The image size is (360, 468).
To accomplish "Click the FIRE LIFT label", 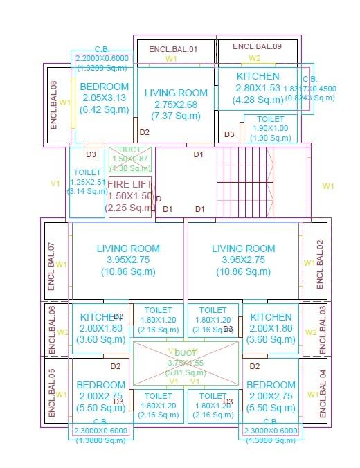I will click(x=129, y=184).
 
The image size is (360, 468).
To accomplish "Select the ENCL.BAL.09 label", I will click(x=257, y=46).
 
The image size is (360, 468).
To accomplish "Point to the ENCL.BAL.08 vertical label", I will click(x=53, y=105).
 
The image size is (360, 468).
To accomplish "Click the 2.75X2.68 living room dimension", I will click(x=175, y=104).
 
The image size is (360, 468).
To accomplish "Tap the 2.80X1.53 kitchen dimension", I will click(x=258, y=88).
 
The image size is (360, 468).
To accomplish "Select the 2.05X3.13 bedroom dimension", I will click(x=104, y=98).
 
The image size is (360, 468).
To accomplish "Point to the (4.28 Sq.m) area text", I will click(x=258, y=100).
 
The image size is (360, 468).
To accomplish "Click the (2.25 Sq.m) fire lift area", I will click(x=129, y=208).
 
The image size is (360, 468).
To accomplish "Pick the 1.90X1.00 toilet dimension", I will click(x=270, y=128).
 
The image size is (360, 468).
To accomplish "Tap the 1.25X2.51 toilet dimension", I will click(x=87, y=182).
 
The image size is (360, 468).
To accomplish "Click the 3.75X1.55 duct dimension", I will click(x=186, y=362).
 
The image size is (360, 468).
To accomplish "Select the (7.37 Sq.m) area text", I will click(x=175, y=115).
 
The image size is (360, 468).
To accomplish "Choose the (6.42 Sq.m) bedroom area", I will click(x=104, y=109).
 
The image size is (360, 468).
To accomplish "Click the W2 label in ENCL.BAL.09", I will click(x=255, y=58).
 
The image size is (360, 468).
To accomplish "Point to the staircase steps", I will click(x=245, y=183).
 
